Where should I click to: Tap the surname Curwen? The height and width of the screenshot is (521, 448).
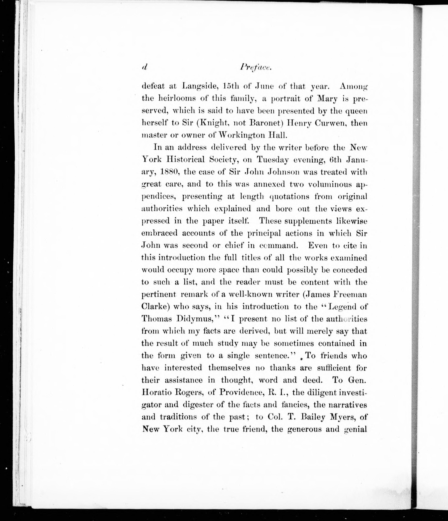click(x=327, y=123)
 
